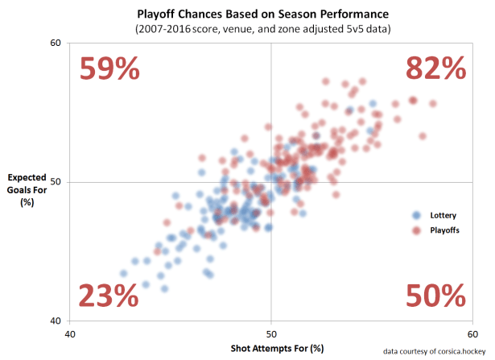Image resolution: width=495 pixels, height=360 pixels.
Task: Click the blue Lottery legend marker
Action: click(x=416, y=215)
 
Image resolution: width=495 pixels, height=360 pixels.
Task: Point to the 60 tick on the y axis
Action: click(x=56, y=43)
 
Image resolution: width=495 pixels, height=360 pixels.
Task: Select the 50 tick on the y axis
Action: click(x=56, y=182)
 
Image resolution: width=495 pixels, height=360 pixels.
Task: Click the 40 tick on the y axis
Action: click(x=56, y=321)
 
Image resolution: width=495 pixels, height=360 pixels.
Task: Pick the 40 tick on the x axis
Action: click(x=70, y=333)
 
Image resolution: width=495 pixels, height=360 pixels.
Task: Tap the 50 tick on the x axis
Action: click(x=271, y=333)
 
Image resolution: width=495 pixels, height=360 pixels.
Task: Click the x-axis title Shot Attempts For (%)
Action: click(x=271, y=347)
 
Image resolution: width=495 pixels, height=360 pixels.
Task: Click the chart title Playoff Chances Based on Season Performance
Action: click(x=271, y=13)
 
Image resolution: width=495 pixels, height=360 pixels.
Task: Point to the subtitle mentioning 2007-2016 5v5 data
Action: click(x=271, y=28)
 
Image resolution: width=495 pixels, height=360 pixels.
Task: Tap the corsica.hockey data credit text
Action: click(x=435, y=351)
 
